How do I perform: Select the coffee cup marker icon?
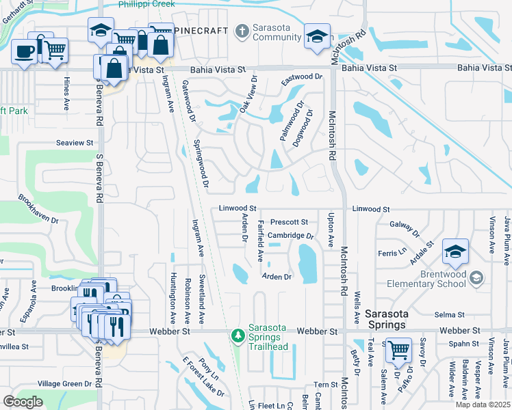tap(25, 52)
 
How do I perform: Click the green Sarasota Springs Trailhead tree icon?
tap(238, 336)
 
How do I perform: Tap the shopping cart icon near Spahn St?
tap(398, 350)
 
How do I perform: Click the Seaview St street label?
tap(75, 143)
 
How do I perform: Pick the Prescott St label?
tap(289, 222)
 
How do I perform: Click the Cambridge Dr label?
tap(290, 236)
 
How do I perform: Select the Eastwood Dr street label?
tap(301, 77)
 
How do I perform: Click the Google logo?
tap(23, 402)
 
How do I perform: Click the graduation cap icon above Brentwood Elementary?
tap(455, 251)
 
